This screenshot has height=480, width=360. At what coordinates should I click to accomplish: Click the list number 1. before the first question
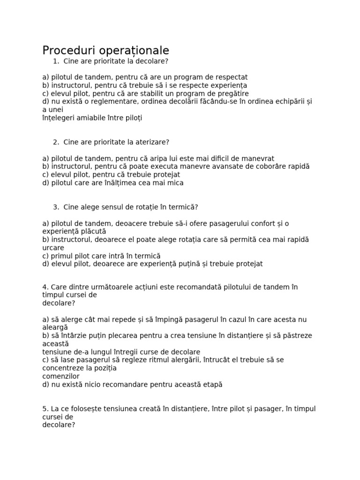[x=56, y=61]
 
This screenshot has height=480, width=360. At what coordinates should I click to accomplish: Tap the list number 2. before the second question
[x=56, y=142]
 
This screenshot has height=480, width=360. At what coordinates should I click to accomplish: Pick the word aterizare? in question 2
[x=152, y=142]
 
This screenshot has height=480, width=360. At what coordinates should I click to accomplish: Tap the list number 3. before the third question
[x=56, y=207]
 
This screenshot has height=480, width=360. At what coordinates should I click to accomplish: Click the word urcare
[x=53, y=247]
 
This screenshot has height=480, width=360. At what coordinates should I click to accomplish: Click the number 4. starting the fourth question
[x=45, y=287]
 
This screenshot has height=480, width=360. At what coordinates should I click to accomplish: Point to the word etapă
[x=212, y=385]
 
